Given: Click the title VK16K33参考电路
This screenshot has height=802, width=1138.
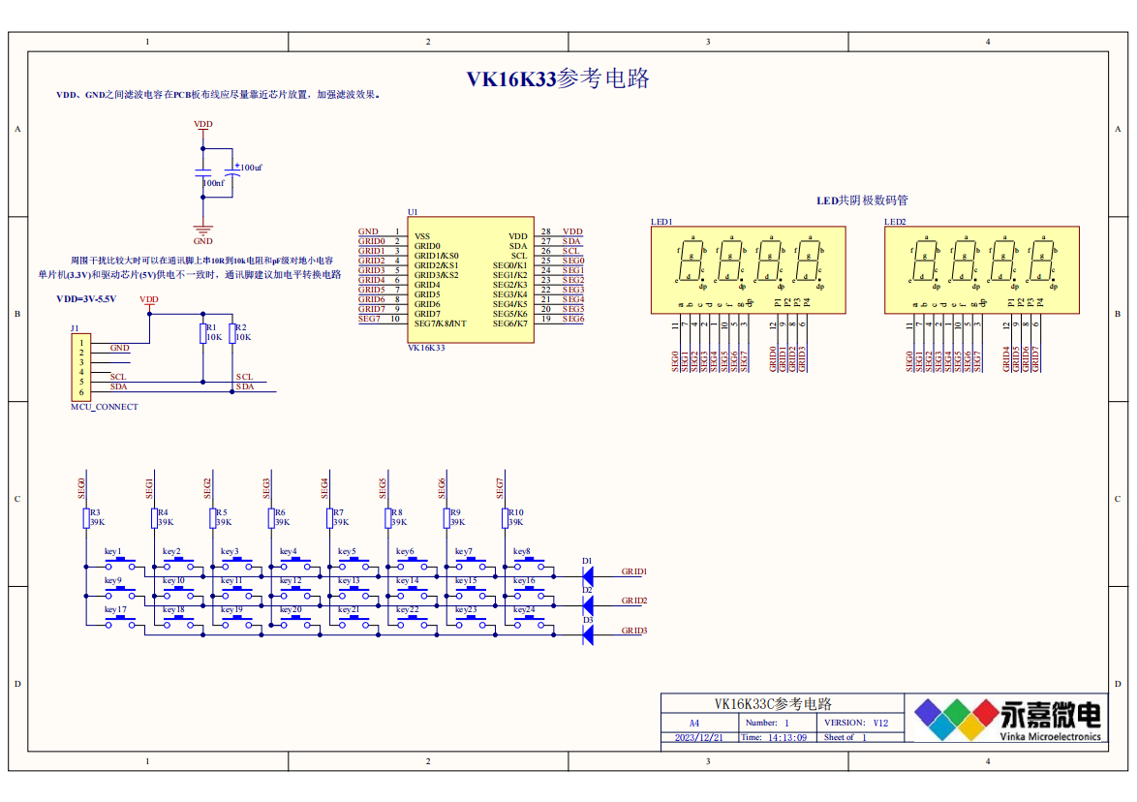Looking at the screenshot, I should [558, 79].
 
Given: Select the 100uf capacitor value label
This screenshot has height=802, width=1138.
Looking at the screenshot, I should [251, 168].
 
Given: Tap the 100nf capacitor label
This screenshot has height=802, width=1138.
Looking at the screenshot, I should [213, 182].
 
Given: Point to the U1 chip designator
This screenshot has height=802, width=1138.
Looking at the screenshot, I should [413, 212].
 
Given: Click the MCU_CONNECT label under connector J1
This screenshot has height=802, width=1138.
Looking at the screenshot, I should [105, 407].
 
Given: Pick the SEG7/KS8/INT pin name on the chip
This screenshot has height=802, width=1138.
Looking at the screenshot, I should [441, 324].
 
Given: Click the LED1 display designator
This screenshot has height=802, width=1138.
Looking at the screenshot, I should [661, 222].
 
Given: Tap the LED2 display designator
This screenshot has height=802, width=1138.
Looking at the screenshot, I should [895, 222].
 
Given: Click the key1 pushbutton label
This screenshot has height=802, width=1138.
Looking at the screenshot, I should [113, 552].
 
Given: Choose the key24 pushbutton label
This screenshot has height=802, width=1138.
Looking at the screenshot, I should [524, 610].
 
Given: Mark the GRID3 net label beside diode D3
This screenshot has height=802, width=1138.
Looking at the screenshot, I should [633, 631].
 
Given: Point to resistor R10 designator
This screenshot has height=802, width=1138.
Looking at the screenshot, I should [516, 512].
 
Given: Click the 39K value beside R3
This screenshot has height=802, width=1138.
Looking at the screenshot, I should [97, 522].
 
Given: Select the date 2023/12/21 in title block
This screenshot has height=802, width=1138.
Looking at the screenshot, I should [699, 737].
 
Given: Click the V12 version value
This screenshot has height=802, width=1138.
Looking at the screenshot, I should [879, 723].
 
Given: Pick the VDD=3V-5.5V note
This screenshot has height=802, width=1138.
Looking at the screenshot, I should [86, 299].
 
